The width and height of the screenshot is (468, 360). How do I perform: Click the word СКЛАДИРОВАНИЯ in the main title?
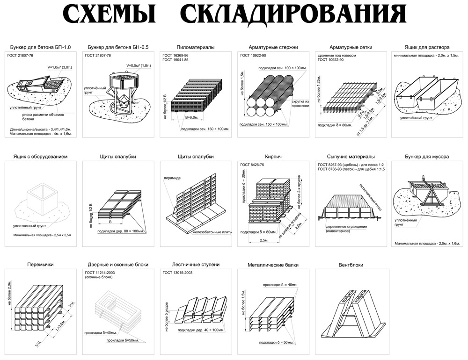click(x=292, y=15)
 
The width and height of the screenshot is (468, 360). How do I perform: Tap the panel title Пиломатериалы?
click(x=195, y=47)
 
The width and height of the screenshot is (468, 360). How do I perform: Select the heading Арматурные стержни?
click(x=273, y=47)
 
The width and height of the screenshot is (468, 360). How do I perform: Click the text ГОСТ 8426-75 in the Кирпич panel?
click(x=252, y=166)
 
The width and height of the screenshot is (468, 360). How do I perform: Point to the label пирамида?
click(x=172, y=178)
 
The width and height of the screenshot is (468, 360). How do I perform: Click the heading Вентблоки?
click(x=351, y=265)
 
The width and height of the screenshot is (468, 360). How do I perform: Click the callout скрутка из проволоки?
click(x=300, y=103)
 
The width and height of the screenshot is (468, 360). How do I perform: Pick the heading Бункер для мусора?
click(x=427, y=157)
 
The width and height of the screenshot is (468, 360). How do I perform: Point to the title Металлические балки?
click(x=273, y=265)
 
